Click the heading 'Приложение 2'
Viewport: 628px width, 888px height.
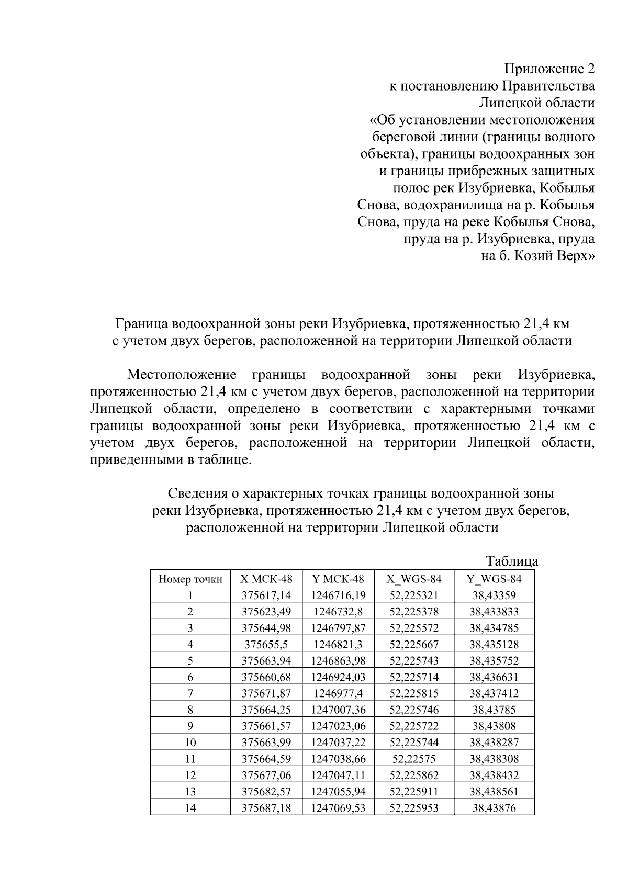(549, 69)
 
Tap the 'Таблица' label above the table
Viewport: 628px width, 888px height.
(512, 561)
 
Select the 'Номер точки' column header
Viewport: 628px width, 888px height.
(190, 579)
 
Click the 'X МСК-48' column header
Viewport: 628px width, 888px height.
(266, 579)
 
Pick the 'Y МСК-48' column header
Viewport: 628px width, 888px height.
(338, 579)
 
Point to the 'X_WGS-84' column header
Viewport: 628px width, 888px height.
(414, 579)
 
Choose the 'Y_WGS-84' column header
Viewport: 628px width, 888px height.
(494, 579)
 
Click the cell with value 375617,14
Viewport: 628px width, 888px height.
(266, 595)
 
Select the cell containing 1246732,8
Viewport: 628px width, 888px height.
(338, 612)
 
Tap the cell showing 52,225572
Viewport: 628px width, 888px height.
(414, 628)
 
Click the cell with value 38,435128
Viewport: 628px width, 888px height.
(494, 644)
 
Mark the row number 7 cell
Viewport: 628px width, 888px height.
(190, 693)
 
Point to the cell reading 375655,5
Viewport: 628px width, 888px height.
(266, 644)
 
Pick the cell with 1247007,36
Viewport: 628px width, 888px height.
(338, 710)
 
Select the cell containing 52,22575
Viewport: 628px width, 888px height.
(414, 759)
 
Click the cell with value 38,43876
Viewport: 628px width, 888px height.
(494, 808)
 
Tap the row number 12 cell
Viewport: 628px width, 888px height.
(190, 775)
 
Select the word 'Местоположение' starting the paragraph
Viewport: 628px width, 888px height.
(182, 375)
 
